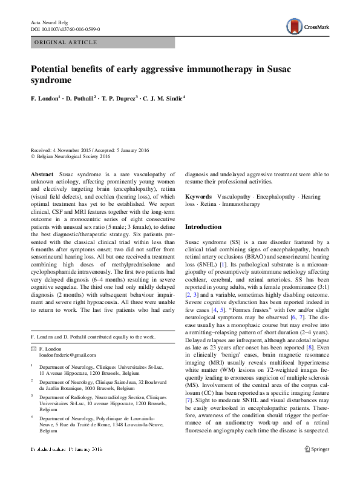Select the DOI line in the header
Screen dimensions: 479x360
[65, 29]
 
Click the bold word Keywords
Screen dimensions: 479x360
[198, 197]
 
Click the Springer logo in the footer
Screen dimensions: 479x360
[316, 466]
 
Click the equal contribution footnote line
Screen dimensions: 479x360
[93, 336]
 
